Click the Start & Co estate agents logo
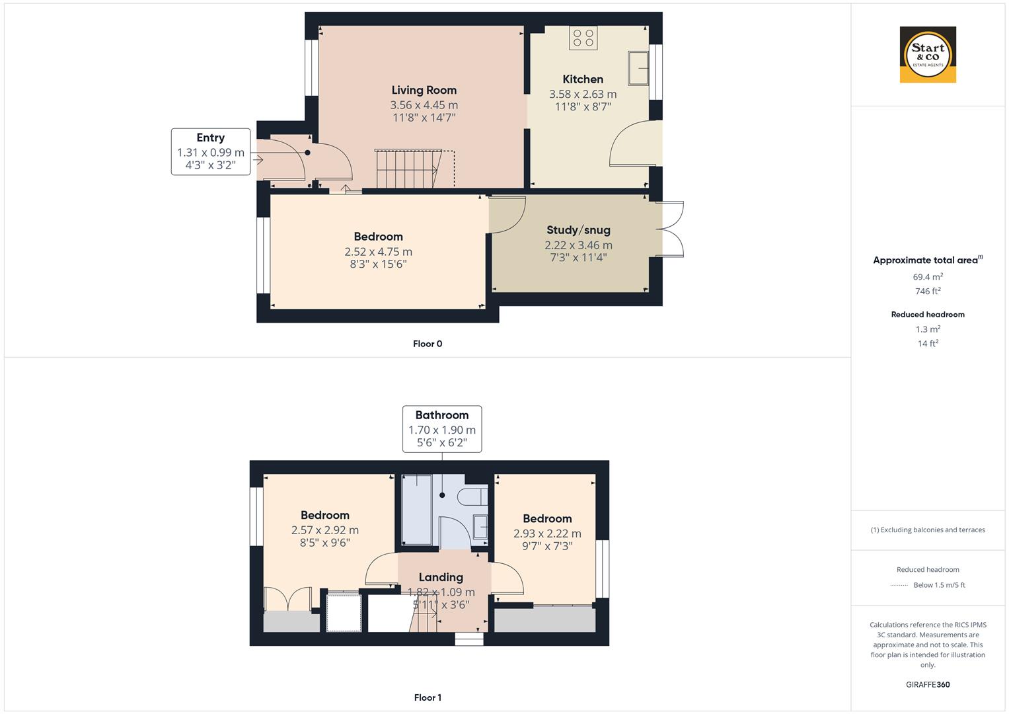pos(928,55)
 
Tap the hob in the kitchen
pos(583,38)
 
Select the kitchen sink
pos(638,68)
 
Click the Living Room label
pos(424,91)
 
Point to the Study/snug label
pos(578,230)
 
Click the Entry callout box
pos(210,151)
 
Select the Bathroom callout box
pos(442,429)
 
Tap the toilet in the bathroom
pos(475,497)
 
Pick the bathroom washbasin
pos(480,527)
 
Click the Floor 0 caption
pos(428,344)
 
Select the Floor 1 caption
pos(427,697)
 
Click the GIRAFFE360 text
pos(928,684)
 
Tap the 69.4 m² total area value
pos(928,277)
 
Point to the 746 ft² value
pos(928,291)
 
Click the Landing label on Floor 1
pos(441,577)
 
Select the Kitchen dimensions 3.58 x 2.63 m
pos(583,95)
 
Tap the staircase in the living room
pos(408,169)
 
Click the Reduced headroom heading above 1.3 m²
pos(928,315)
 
